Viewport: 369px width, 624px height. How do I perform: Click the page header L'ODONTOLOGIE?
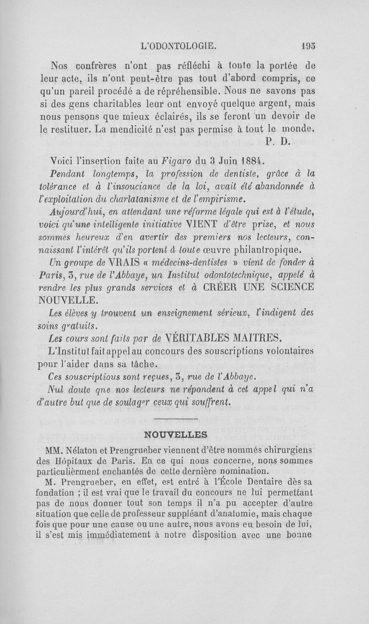[x=179, y=47]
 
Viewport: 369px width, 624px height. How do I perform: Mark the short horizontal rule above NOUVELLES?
[x=175, y=418]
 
